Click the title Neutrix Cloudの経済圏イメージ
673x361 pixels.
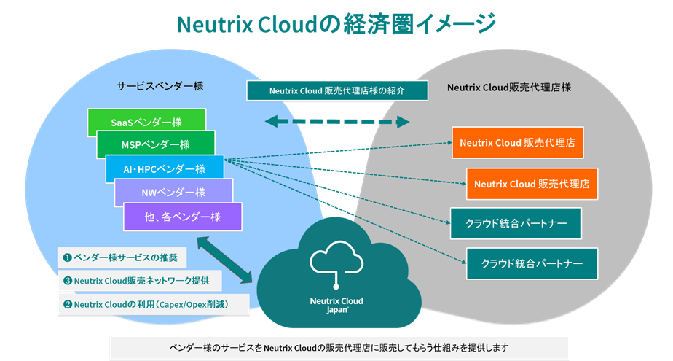pos(336,24)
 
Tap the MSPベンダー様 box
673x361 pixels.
pos(155,144)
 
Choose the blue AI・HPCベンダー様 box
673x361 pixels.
pos(164,168)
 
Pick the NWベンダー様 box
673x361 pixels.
pos(173,192)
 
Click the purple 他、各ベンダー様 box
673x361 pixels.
pos(182,216)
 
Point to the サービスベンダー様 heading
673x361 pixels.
pos(160,86)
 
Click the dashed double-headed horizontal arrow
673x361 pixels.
pos(336,122)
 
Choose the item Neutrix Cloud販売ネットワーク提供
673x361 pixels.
pos(138,280)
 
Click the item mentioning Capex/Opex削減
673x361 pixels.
pos(152,304)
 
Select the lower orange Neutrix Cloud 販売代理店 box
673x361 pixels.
pos(532,183)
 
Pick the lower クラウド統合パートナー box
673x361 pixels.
pos(532,263)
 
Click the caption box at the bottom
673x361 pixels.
pos(339,347)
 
